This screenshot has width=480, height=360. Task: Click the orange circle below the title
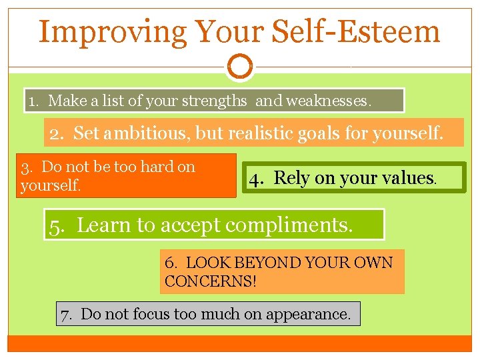240,67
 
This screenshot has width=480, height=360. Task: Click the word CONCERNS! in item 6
211,281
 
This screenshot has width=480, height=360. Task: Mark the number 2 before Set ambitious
55,133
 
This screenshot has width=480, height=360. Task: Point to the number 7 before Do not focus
65,314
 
